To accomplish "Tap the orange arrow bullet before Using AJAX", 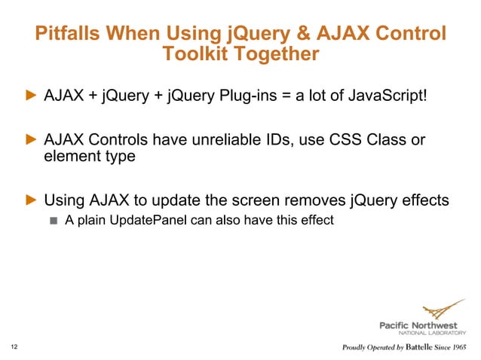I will click(31, 200).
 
